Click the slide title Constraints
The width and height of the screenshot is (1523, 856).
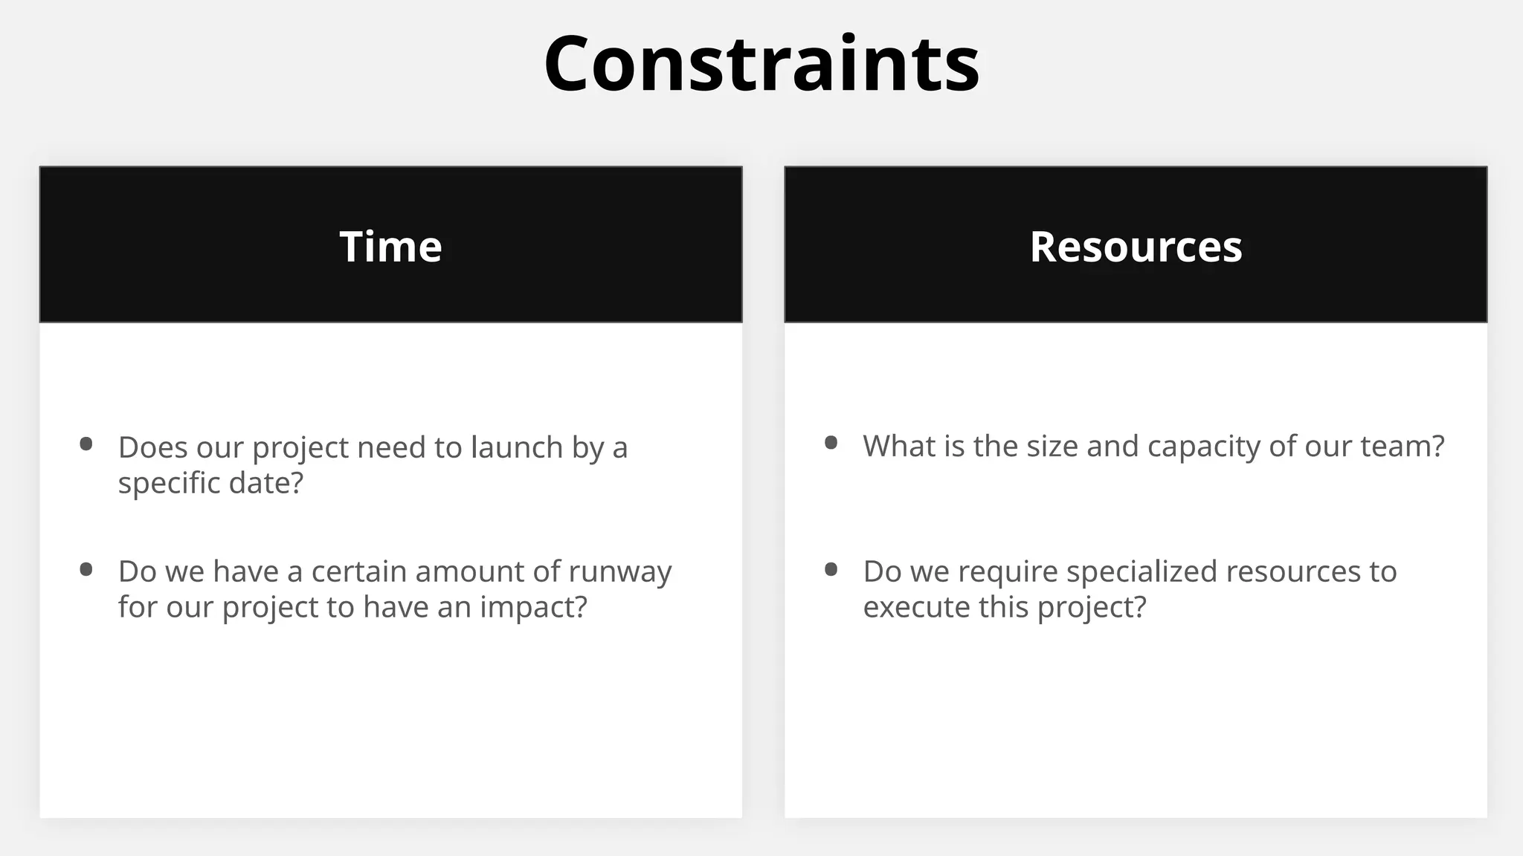(x=761, y=64)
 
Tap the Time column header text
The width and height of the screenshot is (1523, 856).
(x=390, y=246)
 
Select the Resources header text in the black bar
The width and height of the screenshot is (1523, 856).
(x=1136, y=246)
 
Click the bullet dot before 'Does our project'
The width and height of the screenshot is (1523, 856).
(x=86, y=444)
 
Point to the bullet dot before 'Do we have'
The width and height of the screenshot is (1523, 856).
(x=86, y=570)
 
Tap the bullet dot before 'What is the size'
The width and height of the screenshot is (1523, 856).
(x=831, y=444)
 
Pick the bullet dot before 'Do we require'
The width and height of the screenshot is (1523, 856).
(x=831, y=570)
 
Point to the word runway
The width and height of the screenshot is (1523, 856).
(x=619, y=572)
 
